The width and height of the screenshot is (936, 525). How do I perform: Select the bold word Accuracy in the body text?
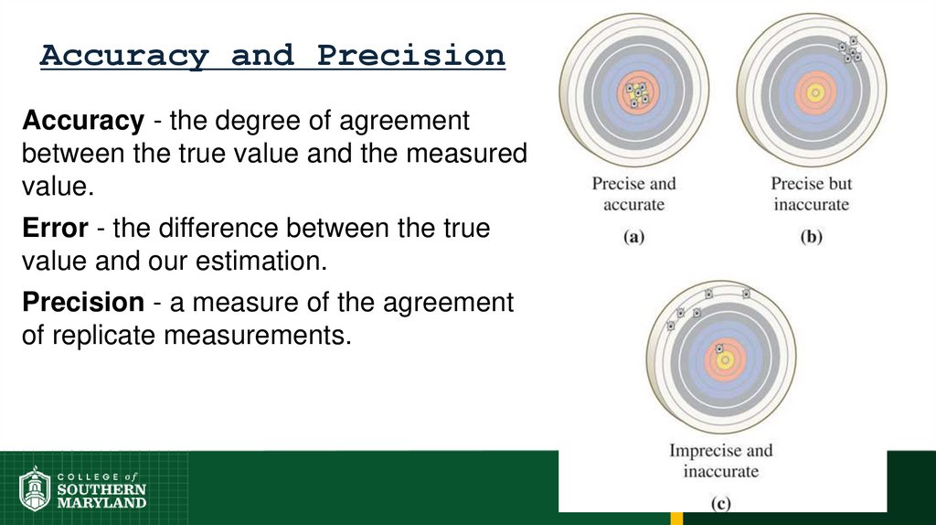(83, 121)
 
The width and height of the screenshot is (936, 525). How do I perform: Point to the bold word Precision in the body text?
(83, 303)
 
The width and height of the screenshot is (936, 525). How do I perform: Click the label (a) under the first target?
(633, 237)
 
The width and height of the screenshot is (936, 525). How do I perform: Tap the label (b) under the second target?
(812, 237)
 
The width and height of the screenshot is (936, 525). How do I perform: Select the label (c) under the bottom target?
(721, 502)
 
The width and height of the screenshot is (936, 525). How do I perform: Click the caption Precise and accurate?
(633, 193)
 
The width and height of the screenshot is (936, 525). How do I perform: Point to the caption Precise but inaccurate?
(812, 193)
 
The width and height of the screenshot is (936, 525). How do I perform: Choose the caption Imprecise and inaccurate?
(721, 460)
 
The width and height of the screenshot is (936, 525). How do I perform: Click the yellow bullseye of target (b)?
(812, 92)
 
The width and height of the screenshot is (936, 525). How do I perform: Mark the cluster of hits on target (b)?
(850, 49)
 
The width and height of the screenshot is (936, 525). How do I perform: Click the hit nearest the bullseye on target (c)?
(719, 348)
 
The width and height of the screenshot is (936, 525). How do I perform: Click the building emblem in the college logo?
(35, 488)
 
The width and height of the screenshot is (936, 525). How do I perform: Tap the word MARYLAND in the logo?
(101, 502)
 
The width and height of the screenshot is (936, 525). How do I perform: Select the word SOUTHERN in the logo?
(101, 489)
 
